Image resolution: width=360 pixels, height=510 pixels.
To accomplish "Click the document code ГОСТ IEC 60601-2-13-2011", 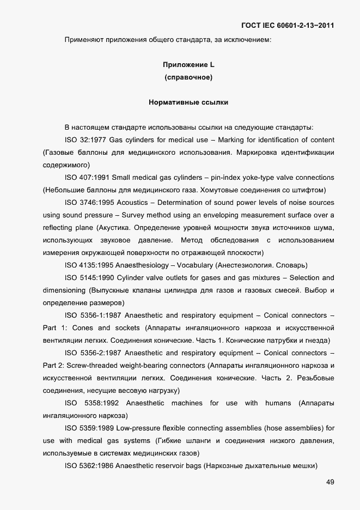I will pos(287,26).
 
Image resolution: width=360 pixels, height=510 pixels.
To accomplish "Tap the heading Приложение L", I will pos(188,65).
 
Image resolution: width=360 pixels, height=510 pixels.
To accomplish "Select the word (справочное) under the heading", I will pos(188,77).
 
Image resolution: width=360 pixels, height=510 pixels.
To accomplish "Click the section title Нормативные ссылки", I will pos(188,102).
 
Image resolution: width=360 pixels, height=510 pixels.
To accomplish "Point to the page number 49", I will pos(330,482).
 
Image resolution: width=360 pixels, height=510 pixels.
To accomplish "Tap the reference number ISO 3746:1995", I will pos(89,203).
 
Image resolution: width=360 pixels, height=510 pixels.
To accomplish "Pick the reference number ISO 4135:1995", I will pos(89,265).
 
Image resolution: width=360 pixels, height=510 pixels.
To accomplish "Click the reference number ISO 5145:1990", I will pos(89,278).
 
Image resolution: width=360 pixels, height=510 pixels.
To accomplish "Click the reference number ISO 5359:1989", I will pos(89,428).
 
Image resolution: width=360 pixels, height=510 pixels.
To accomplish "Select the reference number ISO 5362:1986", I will pos(89,466).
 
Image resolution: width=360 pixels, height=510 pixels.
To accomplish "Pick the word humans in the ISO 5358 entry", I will pos(278,403).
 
